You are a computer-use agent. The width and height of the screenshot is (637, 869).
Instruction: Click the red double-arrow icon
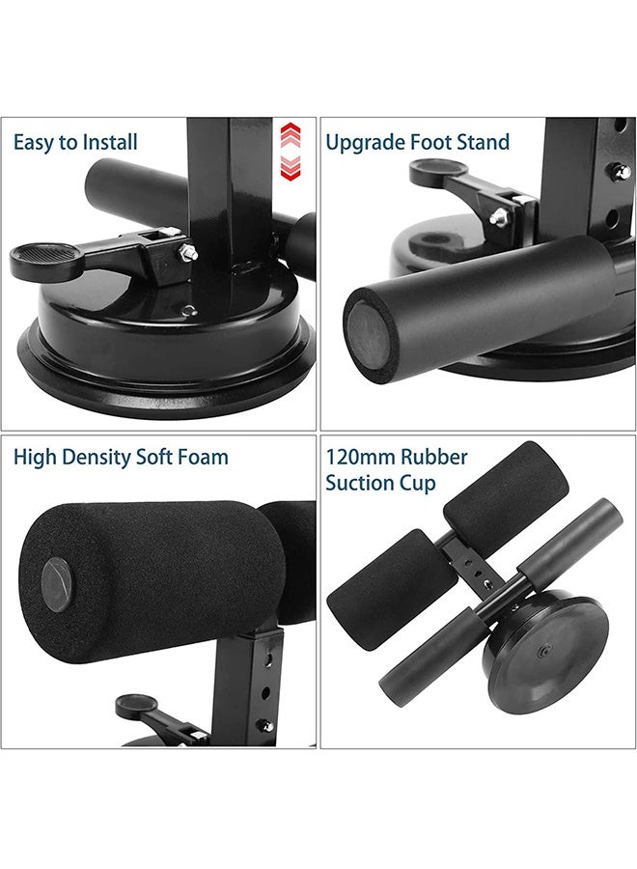[x=291, y=152]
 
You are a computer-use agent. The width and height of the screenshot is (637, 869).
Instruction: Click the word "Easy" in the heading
[x=34, y=143]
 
